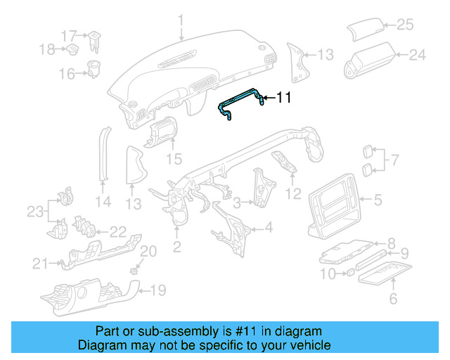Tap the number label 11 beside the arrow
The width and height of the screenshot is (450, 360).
(283, 98)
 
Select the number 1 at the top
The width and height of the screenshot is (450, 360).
(180, 18)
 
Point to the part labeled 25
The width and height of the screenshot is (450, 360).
(365, 32)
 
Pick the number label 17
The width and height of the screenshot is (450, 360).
(67, 35)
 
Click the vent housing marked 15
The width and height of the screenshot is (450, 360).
(162, 134)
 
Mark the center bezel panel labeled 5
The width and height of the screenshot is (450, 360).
(335, 204)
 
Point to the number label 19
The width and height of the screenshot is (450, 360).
(158, 289)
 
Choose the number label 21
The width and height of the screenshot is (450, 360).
(39, 264)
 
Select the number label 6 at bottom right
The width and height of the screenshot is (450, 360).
(393, 299)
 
